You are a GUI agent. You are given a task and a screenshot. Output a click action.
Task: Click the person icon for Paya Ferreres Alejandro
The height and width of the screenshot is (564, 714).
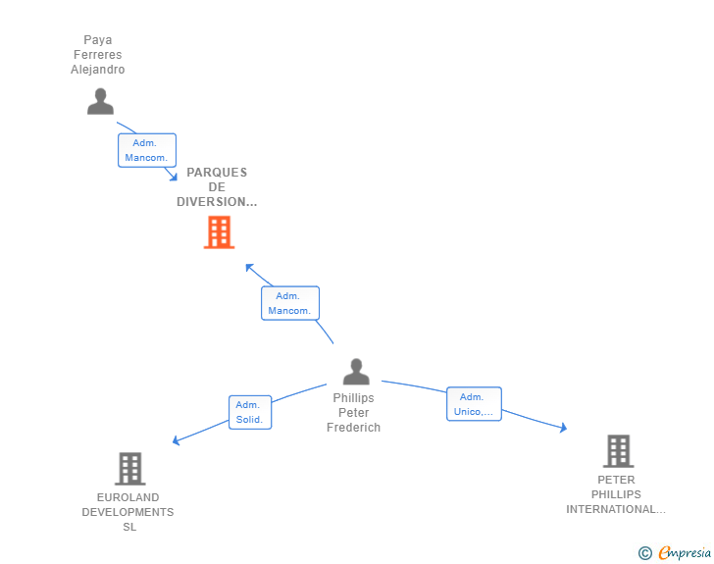[x=100, y=101]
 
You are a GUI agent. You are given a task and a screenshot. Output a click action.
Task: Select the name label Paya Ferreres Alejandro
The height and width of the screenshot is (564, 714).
[x=98, y=55]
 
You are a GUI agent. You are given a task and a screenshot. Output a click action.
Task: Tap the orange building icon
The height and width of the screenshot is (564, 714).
[x=219, y=232]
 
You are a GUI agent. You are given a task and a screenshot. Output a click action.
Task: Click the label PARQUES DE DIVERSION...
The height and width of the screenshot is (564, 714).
[x=217, y=187]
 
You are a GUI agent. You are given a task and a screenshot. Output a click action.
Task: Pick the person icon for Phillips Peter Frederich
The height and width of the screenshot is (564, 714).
[x=356, y=372]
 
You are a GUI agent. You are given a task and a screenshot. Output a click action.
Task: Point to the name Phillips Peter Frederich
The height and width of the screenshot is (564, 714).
[x=354, y=413]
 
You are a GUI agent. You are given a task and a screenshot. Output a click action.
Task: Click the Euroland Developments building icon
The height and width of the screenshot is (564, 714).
[x=129, y=469]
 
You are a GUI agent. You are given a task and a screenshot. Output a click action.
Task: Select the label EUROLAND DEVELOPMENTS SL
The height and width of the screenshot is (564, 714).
[x=127, y=512]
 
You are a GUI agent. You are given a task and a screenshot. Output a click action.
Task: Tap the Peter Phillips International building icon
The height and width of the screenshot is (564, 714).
[x=617, y=451]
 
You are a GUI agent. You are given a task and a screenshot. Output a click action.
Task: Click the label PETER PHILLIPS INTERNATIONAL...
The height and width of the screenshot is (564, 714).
[x=616, y=495]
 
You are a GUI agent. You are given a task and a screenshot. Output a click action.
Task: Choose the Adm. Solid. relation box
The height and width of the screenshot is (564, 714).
[x=248, y=412]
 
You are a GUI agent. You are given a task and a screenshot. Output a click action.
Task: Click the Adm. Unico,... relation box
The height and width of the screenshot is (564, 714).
[x=474, y=404]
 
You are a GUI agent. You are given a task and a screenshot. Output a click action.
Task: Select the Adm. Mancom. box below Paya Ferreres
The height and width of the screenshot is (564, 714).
[x=146, y=150]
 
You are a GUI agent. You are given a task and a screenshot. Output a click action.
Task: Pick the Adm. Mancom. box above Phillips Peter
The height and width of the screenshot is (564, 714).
[x=289, y=303]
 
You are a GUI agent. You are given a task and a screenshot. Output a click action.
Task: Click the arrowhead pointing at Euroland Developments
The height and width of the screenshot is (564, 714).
[x=176, y=440]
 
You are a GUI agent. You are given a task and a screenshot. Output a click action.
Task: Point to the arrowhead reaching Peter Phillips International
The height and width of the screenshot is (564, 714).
[x=563, y=428]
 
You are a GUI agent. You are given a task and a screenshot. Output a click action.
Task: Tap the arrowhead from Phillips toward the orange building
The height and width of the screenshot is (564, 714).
[x=249, y=267]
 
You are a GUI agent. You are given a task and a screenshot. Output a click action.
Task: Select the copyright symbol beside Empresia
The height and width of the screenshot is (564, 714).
[x=644, y=553]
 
